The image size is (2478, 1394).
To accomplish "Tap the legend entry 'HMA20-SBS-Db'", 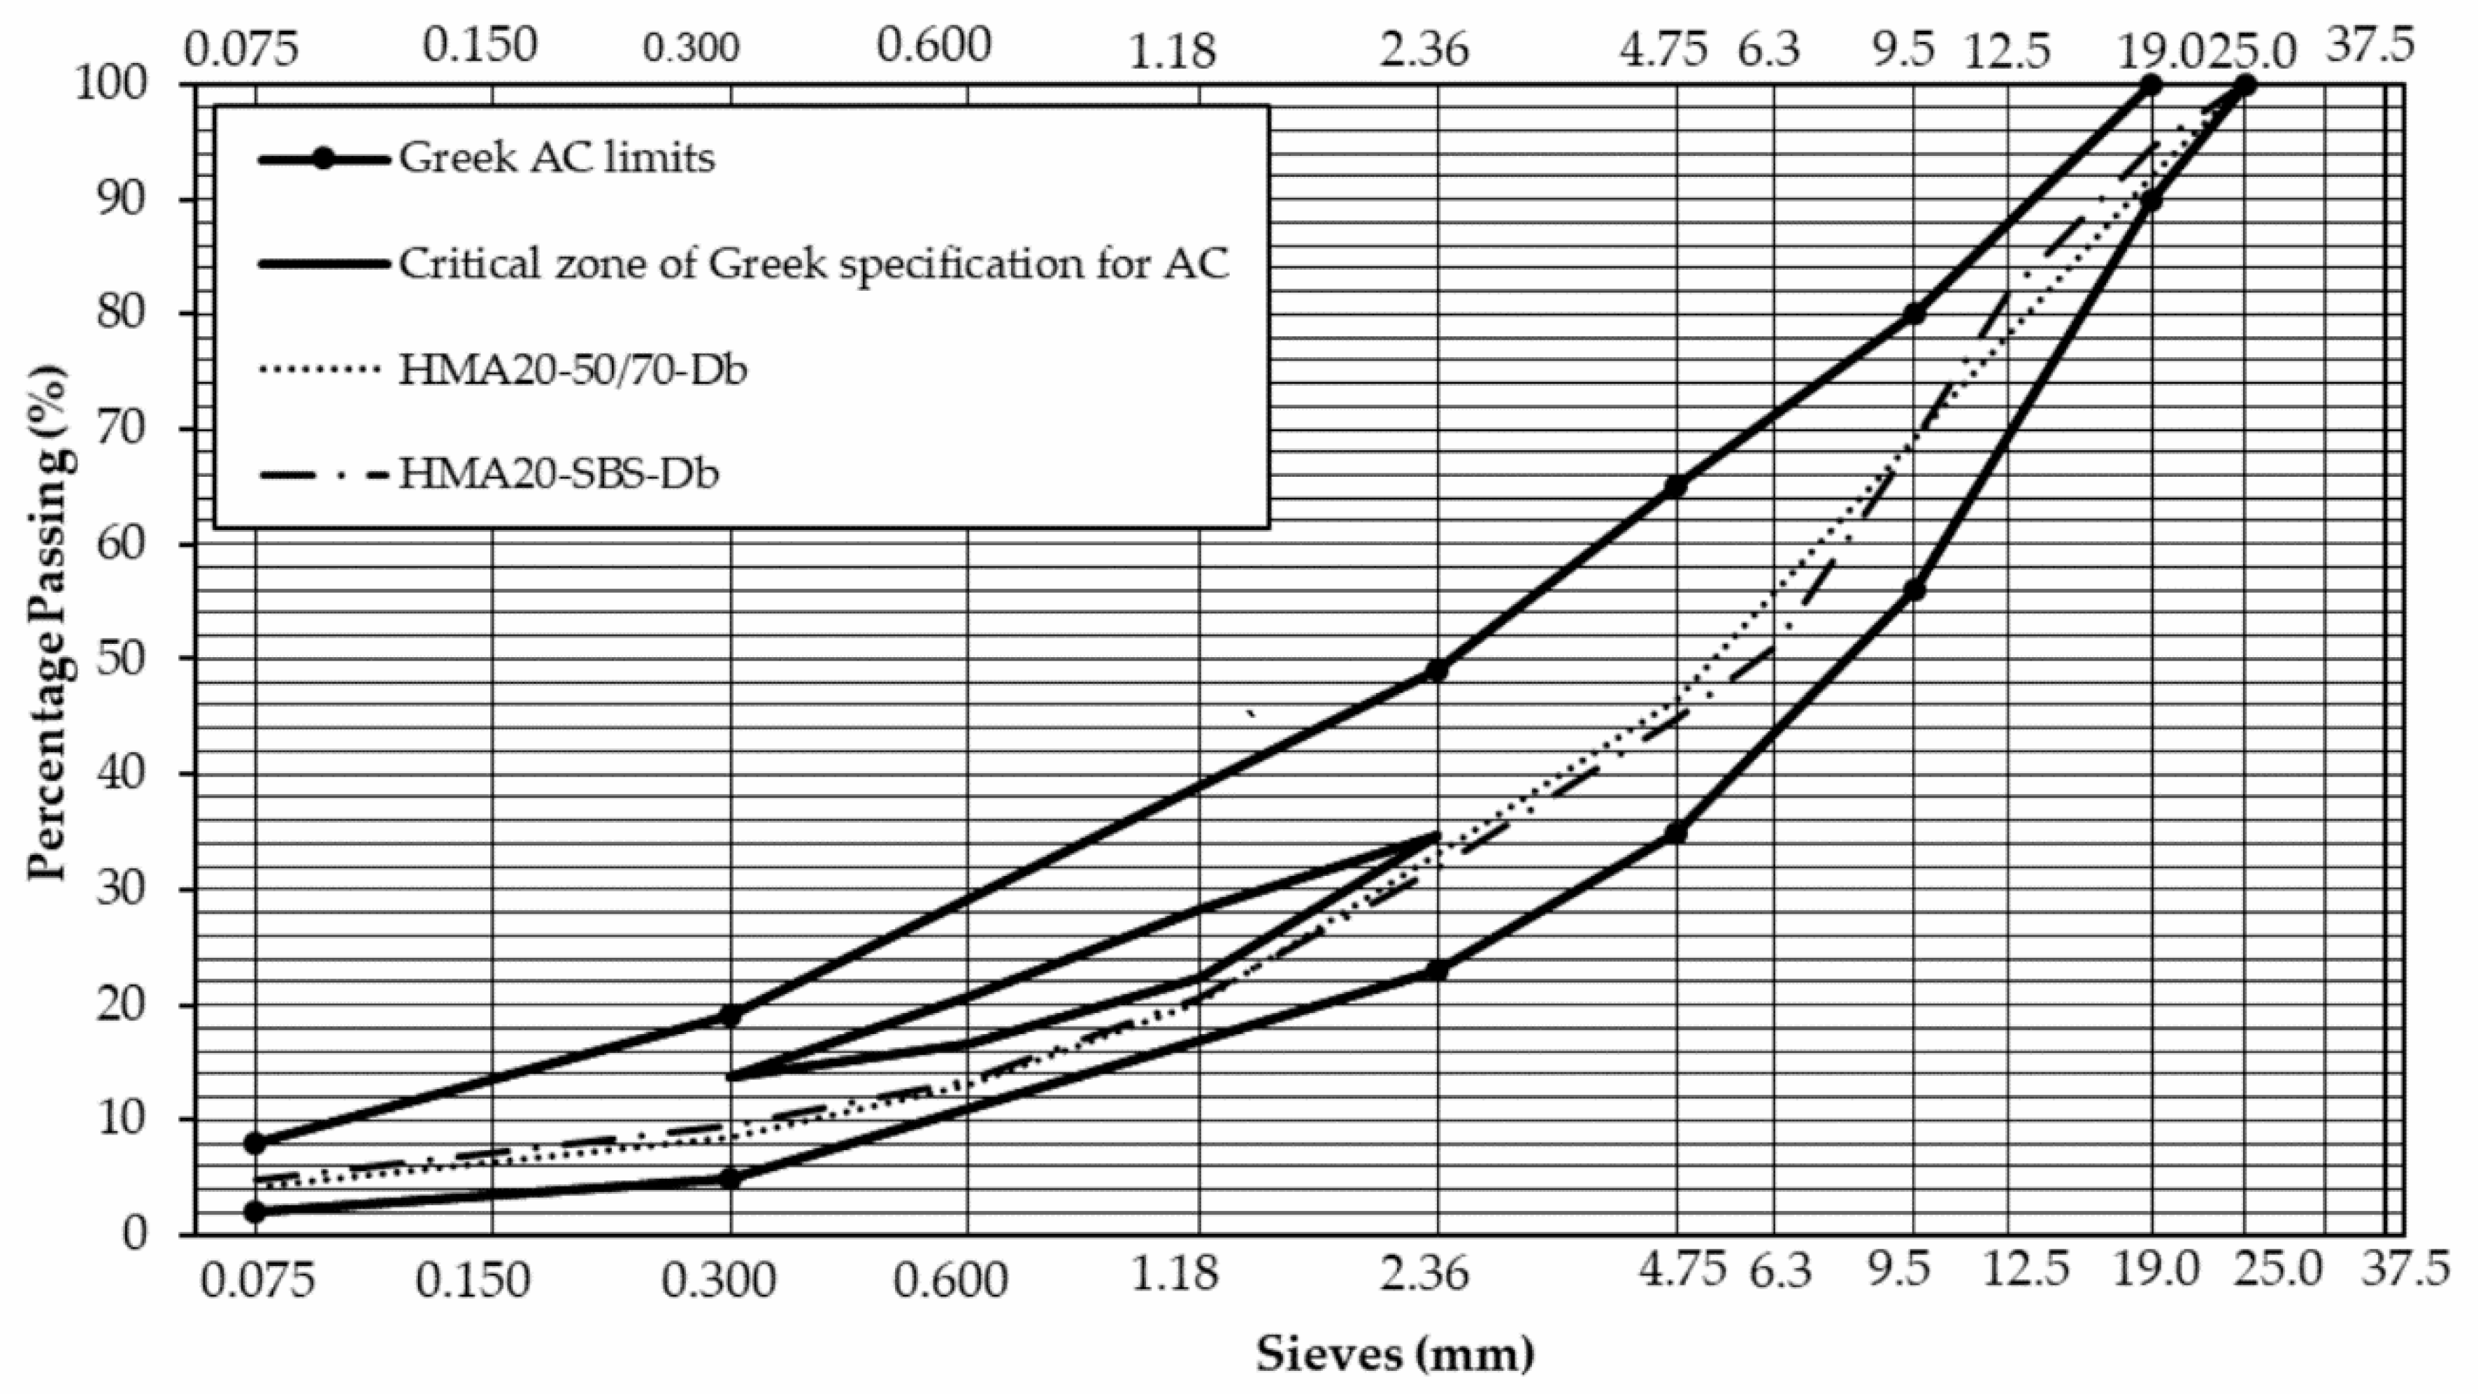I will (x=559, y=474).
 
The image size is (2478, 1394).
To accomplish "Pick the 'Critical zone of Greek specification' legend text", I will (x=814, y=264).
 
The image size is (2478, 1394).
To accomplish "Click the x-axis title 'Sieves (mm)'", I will (x=1395, y=1355).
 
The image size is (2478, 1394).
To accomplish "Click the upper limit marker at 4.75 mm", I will (x=1675, y=487).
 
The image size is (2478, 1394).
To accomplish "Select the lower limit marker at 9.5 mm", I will (x=1914, y=590).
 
